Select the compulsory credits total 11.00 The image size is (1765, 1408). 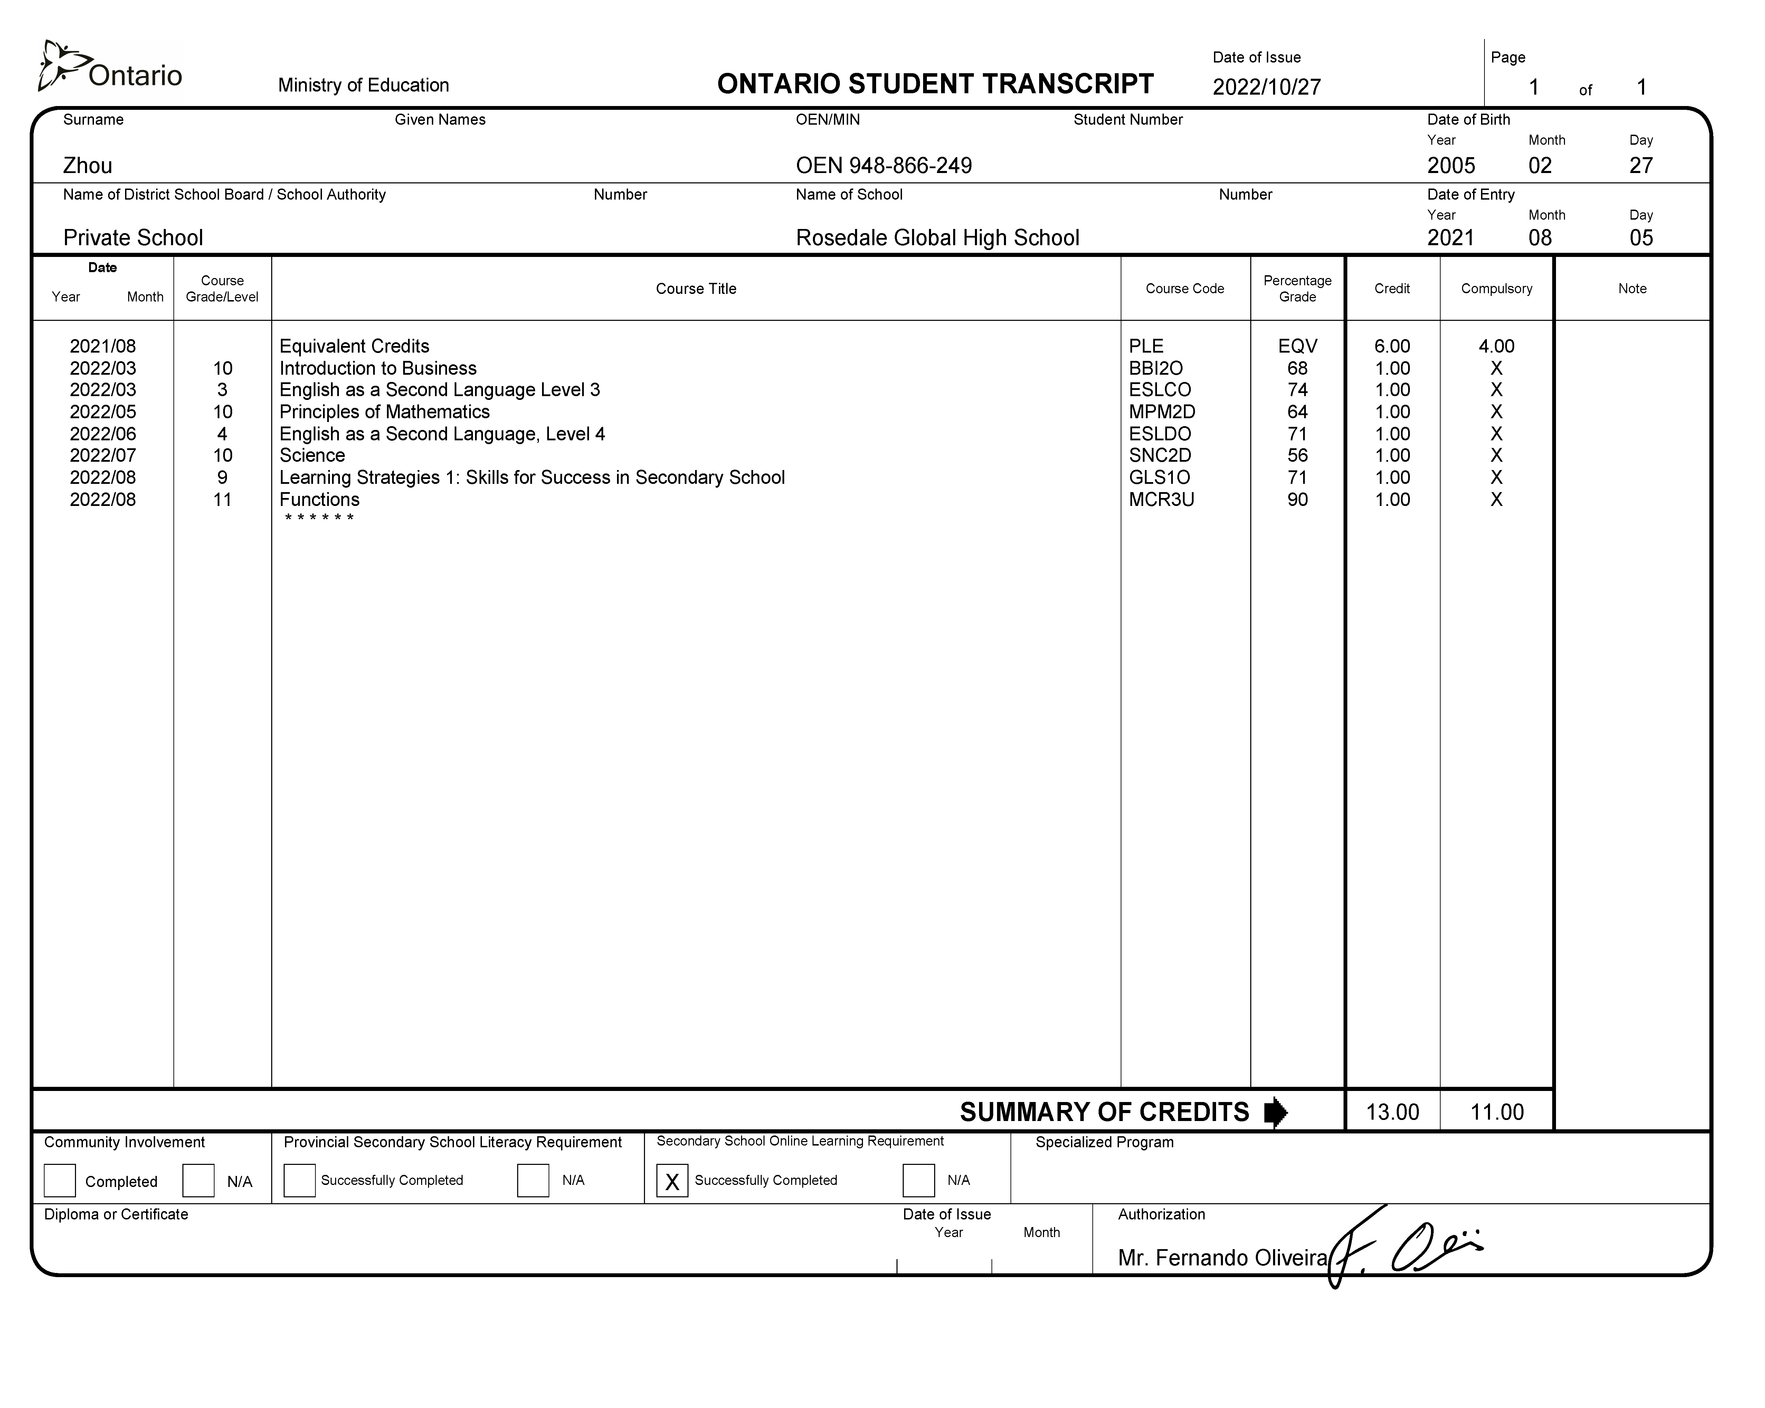click(1497, 1112)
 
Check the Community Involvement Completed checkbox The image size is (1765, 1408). click(60, 1180)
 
